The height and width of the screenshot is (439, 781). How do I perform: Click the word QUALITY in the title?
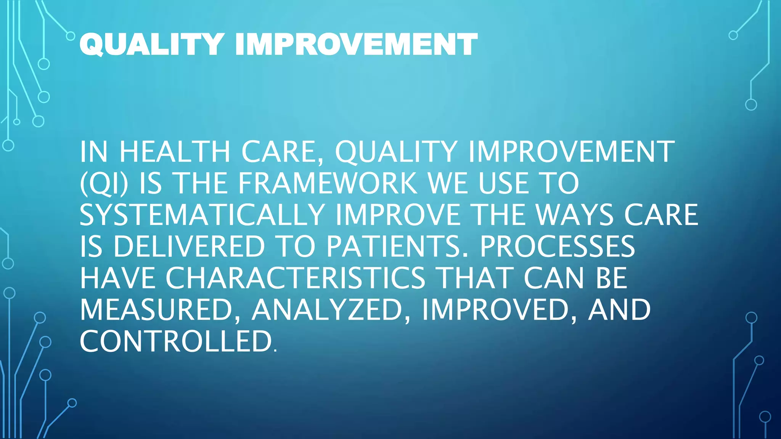coord(151,44)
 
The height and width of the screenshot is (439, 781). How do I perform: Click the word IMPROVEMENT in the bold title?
coord(356,44)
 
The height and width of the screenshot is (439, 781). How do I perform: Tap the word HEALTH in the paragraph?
coord(175,152)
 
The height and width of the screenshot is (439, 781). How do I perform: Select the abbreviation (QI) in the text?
coord(104,184)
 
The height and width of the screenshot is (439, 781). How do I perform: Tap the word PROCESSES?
coord(557,247)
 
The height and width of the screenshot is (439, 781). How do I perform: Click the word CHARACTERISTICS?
coord(295,279)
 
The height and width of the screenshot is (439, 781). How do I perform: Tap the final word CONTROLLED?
coord(176,341)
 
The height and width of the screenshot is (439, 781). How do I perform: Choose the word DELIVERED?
coord(189,247)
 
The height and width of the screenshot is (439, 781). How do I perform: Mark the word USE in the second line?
coord(504,184)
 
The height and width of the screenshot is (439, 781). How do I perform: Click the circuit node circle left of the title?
coord(71,36)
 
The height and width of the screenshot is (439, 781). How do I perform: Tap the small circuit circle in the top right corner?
coord(733,35)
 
